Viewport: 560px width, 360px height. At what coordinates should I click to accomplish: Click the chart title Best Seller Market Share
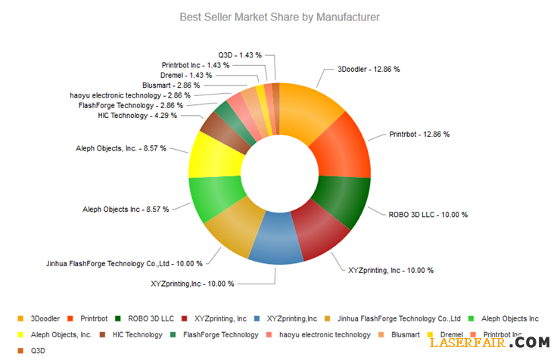[279, 16]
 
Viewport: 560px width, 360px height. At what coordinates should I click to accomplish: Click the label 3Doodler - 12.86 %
[369, 69]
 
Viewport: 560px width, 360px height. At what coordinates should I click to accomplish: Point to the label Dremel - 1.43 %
[186, 75]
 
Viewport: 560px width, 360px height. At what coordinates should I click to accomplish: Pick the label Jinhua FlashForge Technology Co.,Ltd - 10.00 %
[125, 263]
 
